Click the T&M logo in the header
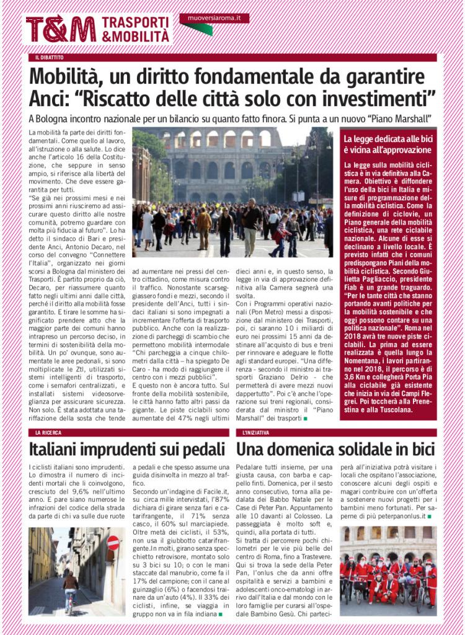tap(60, 29)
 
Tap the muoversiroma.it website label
tap(214, 19)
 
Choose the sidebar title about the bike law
tap(387, 144)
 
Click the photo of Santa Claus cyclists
tap(387, 571)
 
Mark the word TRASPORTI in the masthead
tap(136, 22)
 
